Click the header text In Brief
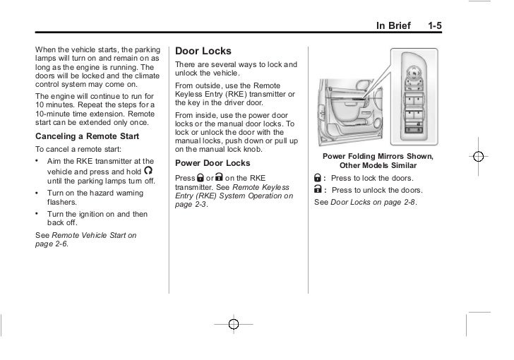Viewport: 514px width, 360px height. [394, 26]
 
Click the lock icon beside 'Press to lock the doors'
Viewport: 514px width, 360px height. [318, 177]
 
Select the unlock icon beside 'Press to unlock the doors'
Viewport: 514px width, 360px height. [318, 190]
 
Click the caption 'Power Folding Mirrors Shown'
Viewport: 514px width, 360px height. [378, 156]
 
